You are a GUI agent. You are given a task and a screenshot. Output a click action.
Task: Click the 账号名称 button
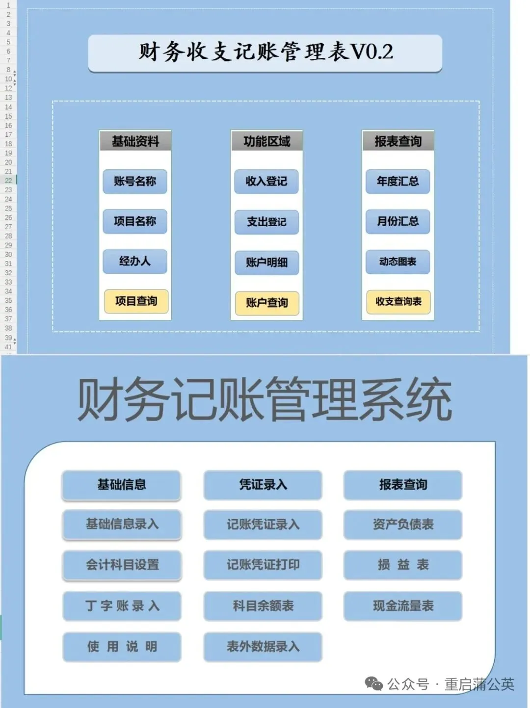(x=135, y=182)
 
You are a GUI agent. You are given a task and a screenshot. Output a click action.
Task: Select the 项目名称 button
(x=135, y=221)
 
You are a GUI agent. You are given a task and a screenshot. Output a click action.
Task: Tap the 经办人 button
(x=135, y=261)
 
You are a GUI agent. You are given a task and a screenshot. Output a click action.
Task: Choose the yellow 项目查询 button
(x=136, y=301)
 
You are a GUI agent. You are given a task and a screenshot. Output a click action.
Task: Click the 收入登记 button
(x=266, y=182)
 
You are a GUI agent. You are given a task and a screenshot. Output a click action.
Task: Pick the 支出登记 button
(x=266, y=222)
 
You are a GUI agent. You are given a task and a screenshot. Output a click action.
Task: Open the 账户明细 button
(x=266, y=262)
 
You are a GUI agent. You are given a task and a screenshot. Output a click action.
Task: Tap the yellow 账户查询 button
(x=266, y=303)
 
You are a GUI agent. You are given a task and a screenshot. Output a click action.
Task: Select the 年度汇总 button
(x=397, y=182)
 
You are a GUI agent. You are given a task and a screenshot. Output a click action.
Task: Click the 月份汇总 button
(x=397, y=221)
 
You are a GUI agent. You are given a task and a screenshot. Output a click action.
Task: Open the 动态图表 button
(x=397, y=262)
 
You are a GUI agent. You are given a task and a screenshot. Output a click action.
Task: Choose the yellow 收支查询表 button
(x=398, y=301)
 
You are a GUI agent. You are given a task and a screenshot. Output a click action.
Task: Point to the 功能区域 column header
(x=266, y=141)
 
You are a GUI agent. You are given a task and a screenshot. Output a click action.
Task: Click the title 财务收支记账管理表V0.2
(x=265, y=52)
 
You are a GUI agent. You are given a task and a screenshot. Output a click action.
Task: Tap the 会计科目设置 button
(x=122, y=565)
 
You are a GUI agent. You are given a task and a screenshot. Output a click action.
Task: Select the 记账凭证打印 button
(x=263, y=565)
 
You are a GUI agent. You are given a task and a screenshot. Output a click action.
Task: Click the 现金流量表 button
(x=403, y=606)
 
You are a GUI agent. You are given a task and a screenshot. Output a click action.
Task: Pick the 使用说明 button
(x=122, y=647)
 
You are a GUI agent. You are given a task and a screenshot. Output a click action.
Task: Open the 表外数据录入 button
(x=263, y=647)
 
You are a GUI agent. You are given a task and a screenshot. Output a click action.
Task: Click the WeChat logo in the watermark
(x=374, y=683)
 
